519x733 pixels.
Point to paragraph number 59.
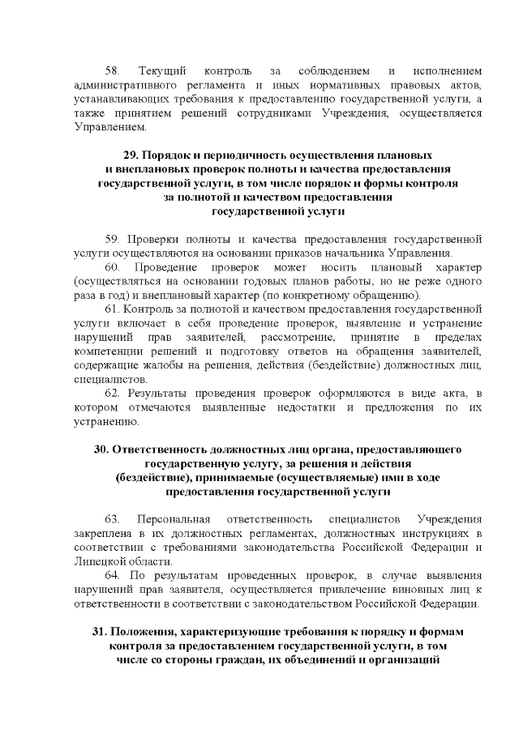click(x=113, y=239)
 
